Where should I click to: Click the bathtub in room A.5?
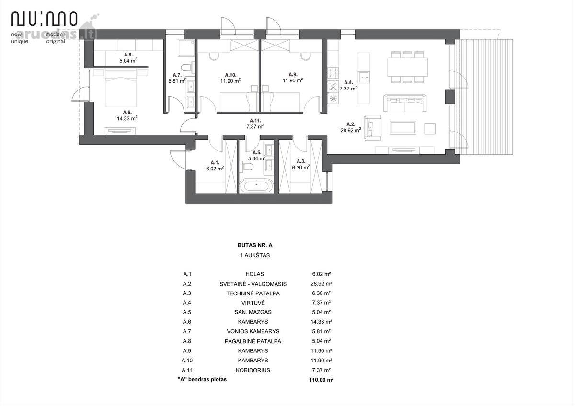point(256,186)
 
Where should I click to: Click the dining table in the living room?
point(407,67)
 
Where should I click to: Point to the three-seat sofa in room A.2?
point(405,103)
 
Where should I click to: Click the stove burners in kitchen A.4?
point(333,73)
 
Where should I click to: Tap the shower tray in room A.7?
point(186,48)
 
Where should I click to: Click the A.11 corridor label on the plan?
point(255,120)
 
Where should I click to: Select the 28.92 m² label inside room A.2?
point(351,130)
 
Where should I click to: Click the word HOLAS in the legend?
point(254,274)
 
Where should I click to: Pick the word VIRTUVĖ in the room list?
point(253,303)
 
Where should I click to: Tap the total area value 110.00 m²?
point(321,380)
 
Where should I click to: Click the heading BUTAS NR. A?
point(255,245)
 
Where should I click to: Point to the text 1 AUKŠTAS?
point(255,255)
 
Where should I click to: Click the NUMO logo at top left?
point(44,19)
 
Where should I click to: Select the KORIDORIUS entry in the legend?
point(253,370)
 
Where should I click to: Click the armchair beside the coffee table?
point(372,127)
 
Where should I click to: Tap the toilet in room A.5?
point(246,167)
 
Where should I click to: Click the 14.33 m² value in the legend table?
point(321,322)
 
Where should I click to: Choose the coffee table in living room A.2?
point(403,128)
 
